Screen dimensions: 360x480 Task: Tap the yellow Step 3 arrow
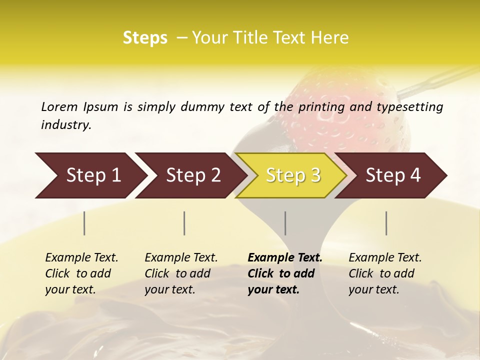click(x=293, y=175)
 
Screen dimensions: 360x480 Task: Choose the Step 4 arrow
click(x=393, y=175)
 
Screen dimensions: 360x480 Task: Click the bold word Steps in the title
click(x=145, y=38)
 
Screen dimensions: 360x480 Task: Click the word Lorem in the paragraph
click(x=59, y=106)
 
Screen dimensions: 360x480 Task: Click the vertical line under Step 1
click(x=84, y=223)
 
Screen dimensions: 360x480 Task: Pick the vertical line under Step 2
click(x=184, y=223)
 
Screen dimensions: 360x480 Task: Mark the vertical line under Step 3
click(x=285, y=223)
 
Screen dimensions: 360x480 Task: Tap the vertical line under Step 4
click(x=386, y=223)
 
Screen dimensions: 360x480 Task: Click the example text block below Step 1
click(x=81, y=273)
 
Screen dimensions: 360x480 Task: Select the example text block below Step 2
click(x=181, y=273)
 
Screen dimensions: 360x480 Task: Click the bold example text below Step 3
click(x=285, y=273)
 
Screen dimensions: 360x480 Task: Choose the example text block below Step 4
click(x=385, y=273)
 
